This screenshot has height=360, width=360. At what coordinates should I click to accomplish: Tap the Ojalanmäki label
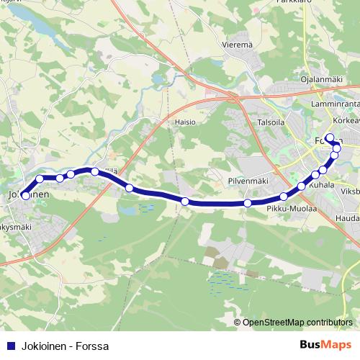(320, 79)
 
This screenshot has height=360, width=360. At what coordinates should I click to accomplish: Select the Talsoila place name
(272, 122)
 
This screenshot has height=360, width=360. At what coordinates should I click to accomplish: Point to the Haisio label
(185, 122)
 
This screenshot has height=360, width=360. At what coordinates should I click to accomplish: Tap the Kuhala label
(322, 186)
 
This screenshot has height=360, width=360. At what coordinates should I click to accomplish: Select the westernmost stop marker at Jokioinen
(25, 195)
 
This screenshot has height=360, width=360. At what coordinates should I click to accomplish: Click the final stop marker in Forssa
(330, 138)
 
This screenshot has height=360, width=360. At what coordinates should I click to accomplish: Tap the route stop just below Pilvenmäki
(248, 203)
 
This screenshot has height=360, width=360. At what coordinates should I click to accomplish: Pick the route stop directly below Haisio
(185, 201)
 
